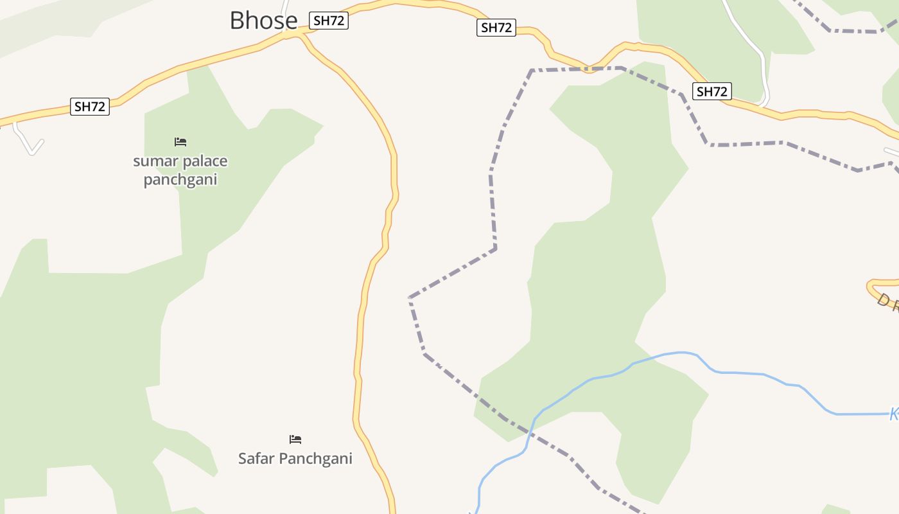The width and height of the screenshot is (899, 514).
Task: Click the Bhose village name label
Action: coord(263,21)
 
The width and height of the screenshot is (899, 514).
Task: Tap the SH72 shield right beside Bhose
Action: coord(329,21)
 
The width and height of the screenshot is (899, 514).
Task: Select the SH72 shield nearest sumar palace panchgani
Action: coord(89,107)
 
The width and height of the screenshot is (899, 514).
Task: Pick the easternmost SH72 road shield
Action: coord(711,91)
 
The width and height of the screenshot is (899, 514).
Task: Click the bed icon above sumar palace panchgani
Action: coord(180,141)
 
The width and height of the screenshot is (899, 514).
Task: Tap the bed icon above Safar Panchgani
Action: coord(295,439)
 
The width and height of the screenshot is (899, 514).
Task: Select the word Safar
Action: coord(256,459)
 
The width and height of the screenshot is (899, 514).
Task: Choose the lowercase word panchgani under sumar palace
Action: coord(180,179)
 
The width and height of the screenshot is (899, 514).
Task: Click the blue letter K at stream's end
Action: coord(894,414)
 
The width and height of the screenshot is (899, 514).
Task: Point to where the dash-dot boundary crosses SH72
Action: coord(588,69)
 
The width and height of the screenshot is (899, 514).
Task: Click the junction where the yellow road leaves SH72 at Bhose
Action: coord(300,33)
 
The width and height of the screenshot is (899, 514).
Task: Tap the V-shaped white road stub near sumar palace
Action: coord(31,149)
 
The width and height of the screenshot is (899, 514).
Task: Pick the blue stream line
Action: coord(738,373)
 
